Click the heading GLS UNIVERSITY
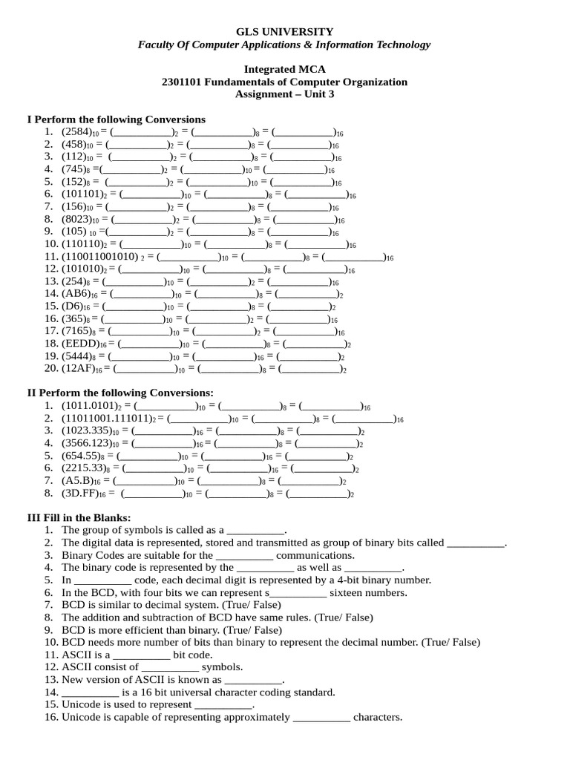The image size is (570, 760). tap(284, 31)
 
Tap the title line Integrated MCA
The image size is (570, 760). tap(284, 69)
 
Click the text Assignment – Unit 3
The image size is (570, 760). tap(284, 94)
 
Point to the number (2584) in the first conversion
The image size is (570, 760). tap(76, 131)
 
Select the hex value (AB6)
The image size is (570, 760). tap(76, 293)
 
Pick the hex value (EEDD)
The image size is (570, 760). tap(80, 344)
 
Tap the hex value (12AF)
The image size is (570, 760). tap(78, 369)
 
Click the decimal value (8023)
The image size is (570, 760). tap(76, 219)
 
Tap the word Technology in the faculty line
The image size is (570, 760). tap(401, 45)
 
